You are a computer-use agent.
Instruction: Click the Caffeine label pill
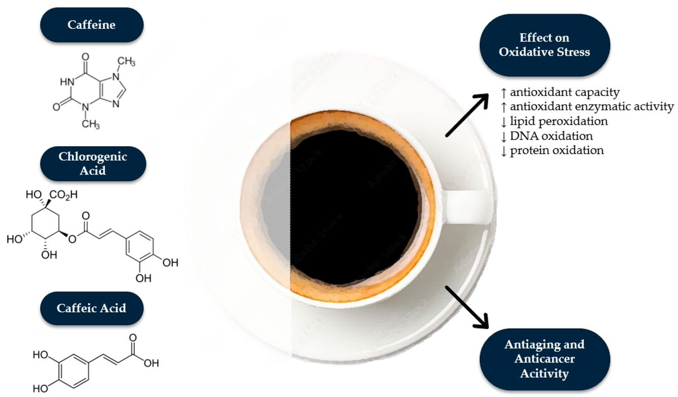pyautogui.click(x=92, y=25)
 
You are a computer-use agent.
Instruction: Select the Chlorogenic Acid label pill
pyautogui.click(x=93, y=164)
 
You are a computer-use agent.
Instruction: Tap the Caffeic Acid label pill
pyautogui.click(x=92, y=308)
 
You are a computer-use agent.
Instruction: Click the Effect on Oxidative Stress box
pyautogui.click(x=545, y=45)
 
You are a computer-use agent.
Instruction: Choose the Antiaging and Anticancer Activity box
pyautogui.click(x=545, y=359)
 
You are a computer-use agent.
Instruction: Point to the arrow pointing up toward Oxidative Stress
pyautogui.click(x=467, y=115)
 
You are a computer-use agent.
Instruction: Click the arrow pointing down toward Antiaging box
pyautogui.click(x=467, y=307)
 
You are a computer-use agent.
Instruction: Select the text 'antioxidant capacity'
pyautogui.click(x=565, y=92)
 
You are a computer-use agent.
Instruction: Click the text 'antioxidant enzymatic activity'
pyautogui.click(x=592, y=107)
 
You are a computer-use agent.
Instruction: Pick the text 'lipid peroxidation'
pyautogui.click(x=559, y=121)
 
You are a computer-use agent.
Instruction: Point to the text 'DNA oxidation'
pyautogui.click(x=551, y=136)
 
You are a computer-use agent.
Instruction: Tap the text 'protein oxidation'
pyautogui.click(x=557, y=150)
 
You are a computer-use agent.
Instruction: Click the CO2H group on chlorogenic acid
pyautogui.click(x=63, y=195)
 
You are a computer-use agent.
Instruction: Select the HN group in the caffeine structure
pyautogui.click(x=67, y=82)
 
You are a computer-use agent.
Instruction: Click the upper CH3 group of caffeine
pyautogui.click(x=126, y=62)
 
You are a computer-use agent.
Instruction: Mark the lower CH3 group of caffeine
pyautogui.click(x=90, y=124)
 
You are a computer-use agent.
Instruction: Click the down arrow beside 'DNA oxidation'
pyautogui.click(x=503, y=137)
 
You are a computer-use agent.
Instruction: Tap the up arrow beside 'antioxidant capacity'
pyautogui.click(x=503, y=93)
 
